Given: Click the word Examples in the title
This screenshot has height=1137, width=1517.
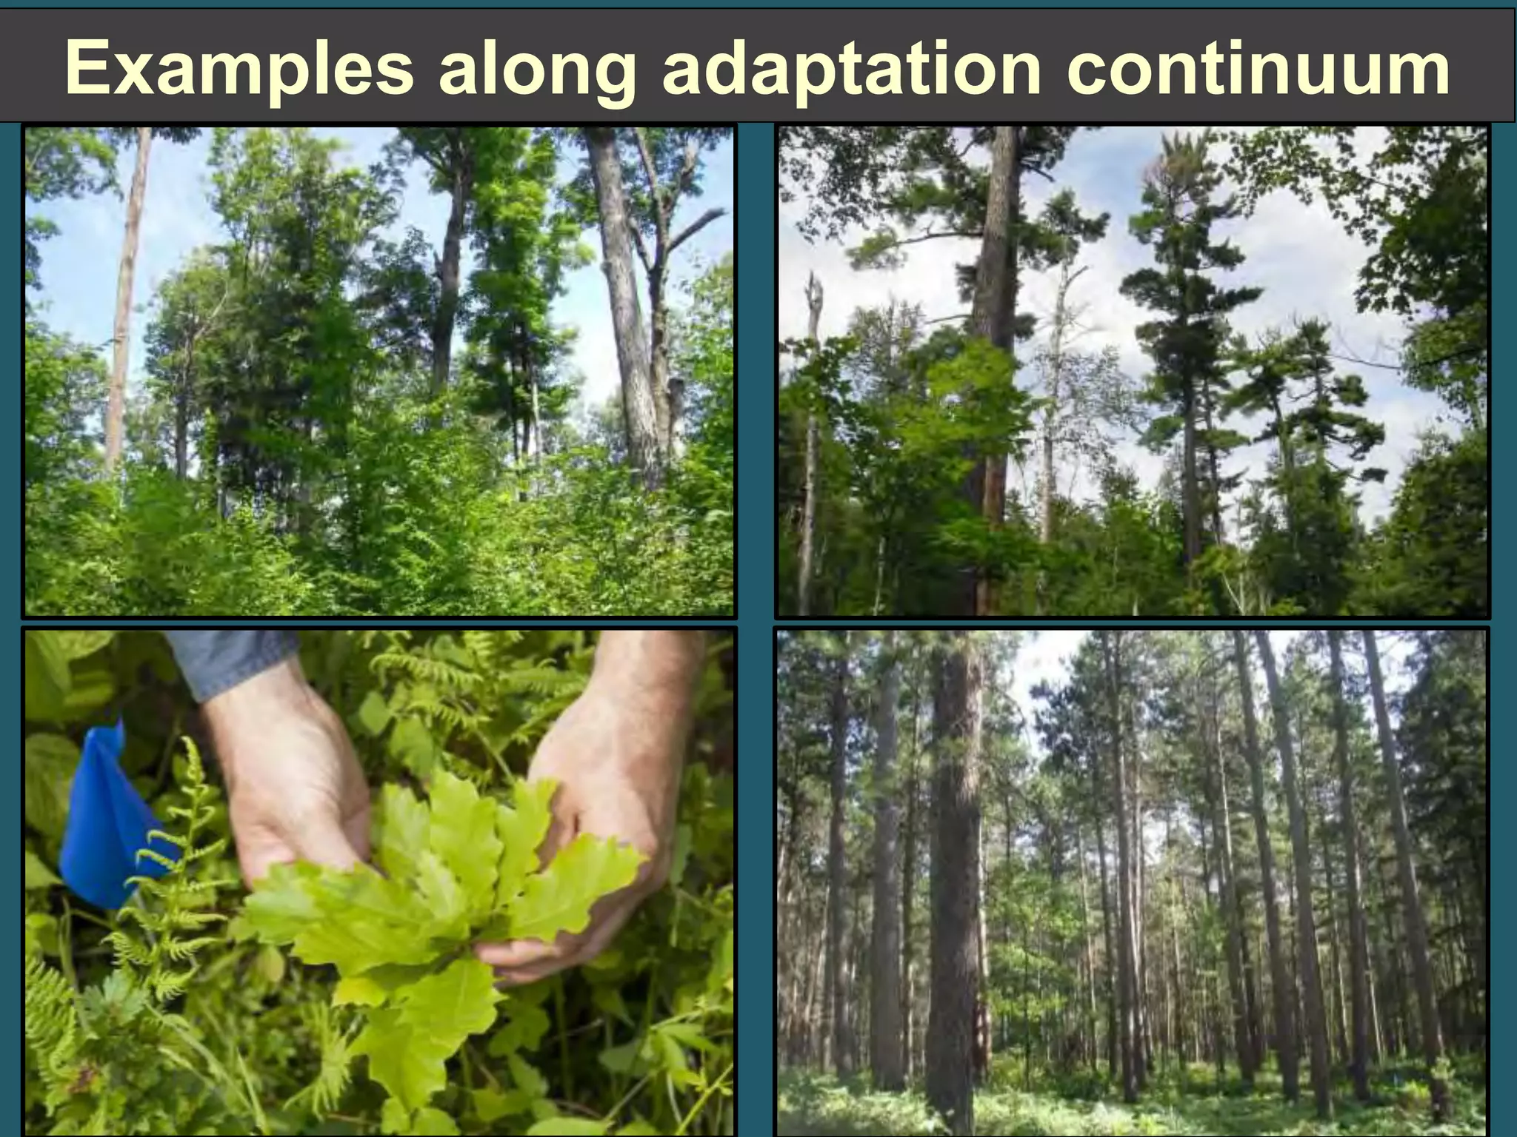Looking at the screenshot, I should point(239,69).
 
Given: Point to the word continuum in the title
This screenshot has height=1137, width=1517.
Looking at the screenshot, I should point(1258,69).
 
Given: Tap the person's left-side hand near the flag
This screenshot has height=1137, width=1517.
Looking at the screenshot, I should point(289,785).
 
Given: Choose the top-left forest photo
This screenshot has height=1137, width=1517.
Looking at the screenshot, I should point(379,370).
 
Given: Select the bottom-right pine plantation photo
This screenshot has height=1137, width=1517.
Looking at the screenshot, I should point(1132,881).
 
